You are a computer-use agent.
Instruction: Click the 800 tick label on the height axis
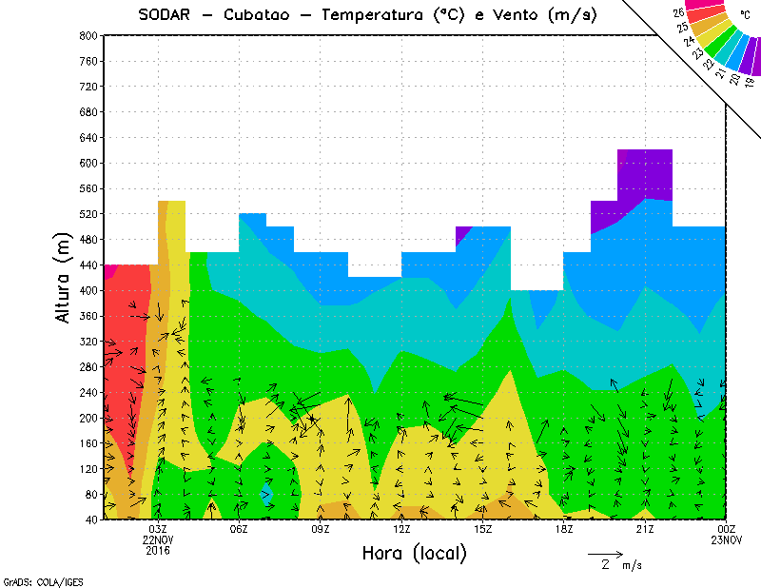88,35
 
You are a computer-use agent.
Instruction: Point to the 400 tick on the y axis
88,290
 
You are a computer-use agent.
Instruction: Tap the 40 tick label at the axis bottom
90,519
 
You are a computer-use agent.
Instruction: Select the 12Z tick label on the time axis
401,529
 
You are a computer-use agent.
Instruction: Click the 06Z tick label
239,529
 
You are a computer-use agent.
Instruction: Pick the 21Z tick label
645,529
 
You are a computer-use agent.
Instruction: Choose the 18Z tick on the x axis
564,529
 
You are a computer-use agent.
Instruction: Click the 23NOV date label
726,539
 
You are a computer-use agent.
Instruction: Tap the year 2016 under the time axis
158,550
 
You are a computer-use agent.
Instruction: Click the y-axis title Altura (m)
64,278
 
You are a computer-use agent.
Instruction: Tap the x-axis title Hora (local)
414,553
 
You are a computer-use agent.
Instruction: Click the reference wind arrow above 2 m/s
605,553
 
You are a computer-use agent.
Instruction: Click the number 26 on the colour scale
678,12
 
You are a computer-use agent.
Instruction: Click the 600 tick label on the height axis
88,163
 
